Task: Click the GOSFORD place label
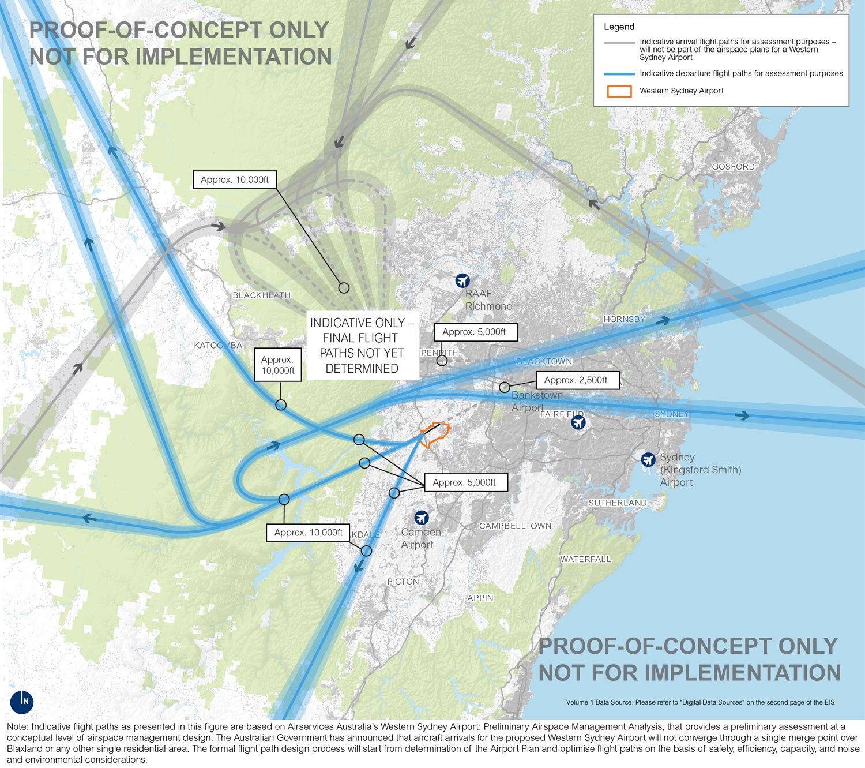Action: point(733,167)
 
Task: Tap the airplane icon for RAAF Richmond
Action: point(462,280)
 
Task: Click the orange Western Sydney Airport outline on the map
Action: point(435,434)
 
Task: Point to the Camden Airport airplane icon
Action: point(422,517)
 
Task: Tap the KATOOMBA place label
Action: point(218,345)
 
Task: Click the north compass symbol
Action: point(22,702)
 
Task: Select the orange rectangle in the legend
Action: point(619,91)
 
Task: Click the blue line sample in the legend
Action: point(619,74)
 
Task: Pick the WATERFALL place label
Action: point(585,559)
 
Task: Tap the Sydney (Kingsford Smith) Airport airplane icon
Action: point(648,459)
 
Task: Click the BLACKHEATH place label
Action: point(261,295)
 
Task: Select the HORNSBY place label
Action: point(625,319)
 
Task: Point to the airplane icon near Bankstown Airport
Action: point(578,422)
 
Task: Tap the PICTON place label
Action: point(403,581)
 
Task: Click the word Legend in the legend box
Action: point(619,27)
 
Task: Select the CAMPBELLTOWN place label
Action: point(515,526)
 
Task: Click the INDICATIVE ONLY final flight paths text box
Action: point(362,345)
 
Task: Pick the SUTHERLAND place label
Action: point(617,503)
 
